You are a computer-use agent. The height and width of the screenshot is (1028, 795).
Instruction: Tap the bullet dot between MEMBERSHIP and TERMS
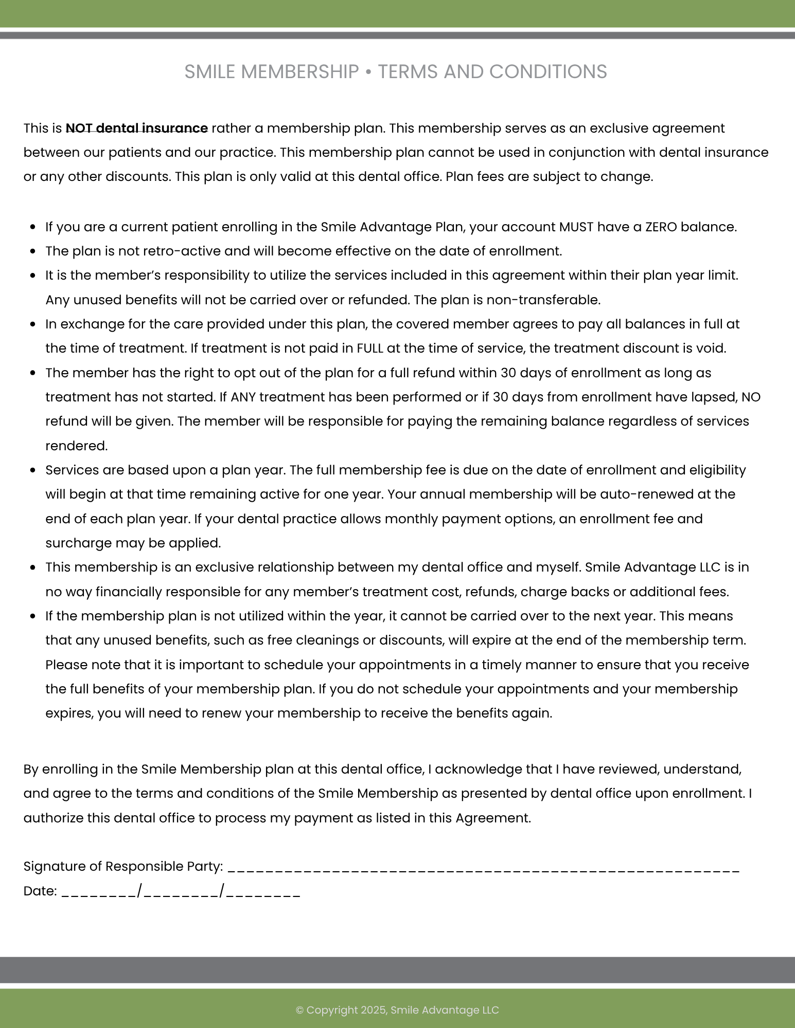point(368,72)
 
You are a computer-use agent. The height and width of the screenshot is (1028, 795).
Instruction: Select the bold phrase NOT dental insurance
point(136,128)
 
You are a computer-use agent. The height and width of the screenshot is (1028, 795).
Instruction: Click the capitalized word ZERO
point(661,227)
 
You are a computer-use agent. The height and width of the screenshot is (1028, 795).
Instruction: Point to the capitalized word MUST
point(576,227)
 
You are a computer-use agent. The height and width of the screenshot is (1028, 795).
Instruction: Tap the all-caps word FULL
point(370,348)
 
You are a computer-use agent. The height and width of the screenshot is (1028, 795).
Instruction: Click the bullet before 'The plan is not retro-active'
point(33,252)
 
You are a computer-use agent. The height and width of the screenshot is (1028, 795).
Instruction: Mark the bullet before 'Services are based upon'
point(33,470)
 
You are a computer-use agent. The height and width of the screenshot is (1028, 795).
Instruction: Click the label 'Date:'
point(40,891)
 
